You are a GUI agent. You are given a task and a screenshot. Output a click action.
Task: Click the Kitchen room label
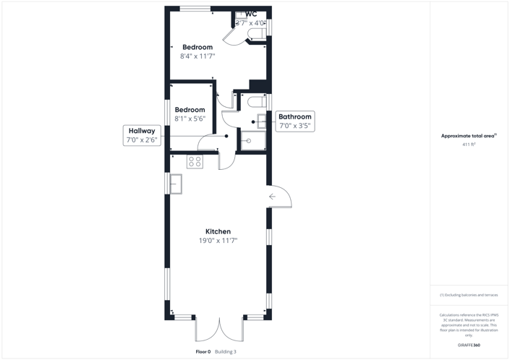point(218,231)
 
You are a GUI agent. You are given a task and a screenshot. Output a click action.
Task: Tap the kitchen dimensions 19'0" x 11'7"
point(218,241)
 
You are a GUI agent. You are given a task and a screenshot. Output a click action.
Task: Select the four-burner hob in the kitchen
point(195,161)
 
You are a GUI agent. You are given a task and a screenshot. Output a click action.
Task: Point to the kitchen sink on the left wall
point(176,184)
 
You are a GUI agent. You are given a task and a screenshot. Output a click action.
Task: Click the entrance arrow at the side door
point(273,196)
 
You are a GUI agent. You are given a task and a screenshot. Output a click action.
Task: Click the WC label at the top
point(251,14)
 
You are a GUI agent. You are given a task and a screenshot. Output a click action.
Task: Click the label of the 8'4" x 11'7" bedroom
point(197,47)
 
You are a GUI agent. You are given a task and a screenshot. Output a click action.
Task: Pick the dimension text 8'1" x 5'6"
point(190,119)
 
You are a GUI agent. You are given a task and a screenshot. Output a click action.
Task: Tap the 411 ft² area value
point(469,145)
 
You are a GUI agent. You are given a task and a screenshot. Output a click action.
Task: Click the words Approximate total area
point(468,135)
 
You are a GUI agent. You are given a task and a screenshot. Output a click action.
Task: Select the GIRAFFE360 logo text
point(469,345)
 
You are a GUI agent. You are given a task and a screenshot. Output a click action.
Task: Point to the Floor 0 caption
point(203,351)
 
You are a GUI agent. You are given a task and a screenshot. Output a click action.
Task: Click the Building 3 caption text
point(226,351)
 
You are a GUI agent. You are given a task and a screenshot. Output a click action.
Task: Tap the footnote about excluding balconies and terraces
point(469,295)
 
